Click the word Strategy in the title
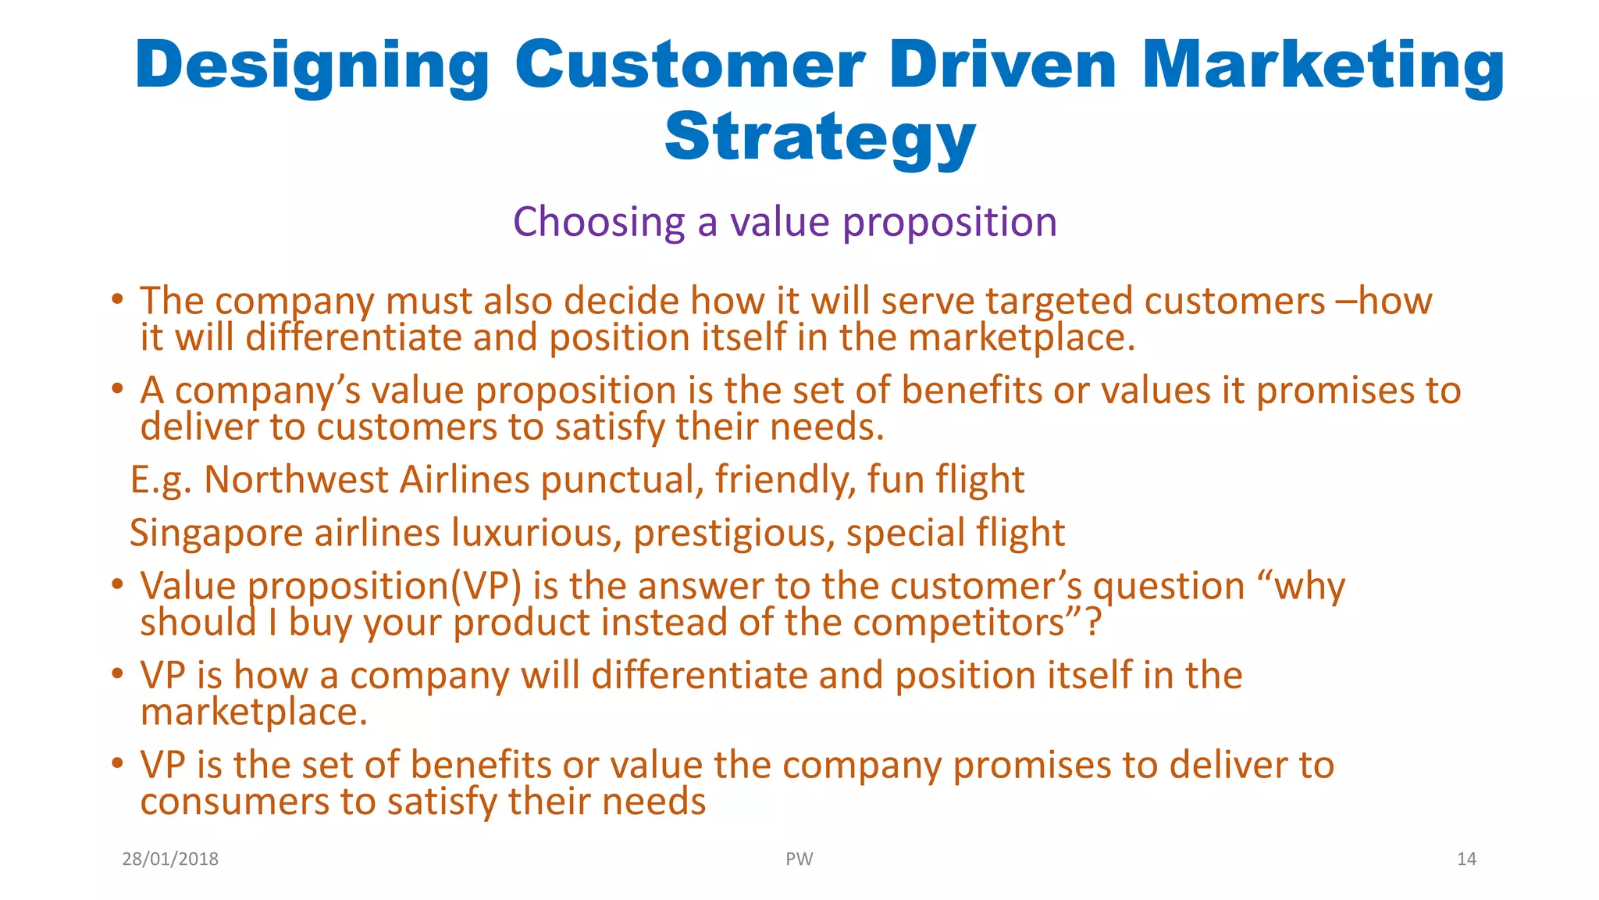[x=820, y=137]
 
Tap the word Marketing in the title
[x=1322, y=66]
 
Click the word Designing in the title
[x=312, y=66]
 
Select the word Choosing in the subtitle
[x=598, y=223]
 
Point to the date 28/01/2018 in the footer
[x=170, y=859]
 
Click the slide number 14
[x=1466, y=859]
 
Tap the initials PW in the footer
[x=799, y=859]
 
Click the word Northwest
[x=296, y=480]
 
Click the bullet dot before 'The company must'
[x=117, y=299]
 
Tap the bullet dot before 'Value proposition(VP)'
[x=117, y=584]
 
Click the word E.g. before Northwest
[x=160, y=480]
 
